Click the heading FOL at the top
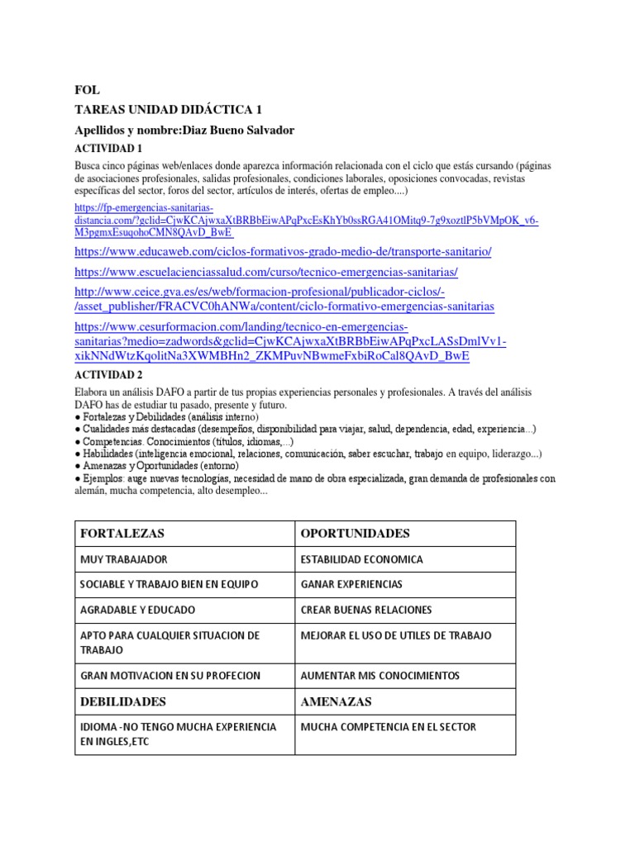(x=87, y=90)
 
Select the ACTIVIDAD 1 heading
(x=108, y=149)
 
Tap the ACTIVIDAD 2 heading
(x=108, y=374)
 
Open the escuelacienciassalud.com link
(x=265, y=271)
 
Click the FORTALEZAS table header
(x=122, y=533)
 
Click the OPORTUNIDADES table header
(x=355, y=533)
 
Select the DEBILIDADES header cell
(x=123, y=701)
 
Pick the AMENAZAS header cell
(x=336, y=701)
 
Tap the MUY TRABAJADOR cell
(x=124, y=559)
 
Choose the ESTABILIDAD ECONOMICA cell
(x=361, y=559)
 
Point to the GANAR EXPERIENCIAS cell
(x=351, y=584)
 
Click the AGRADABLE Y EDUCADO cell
(x=138, y=610)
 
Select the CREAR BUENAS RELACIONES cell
(x=366, y=610)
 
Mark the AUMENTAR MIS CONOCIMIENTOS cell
(x=380, y=675)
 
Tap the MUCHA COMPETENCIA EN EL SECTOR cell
(x=389, y=727)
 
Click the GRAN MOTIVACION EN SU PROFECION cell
(x=170, y=675)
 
